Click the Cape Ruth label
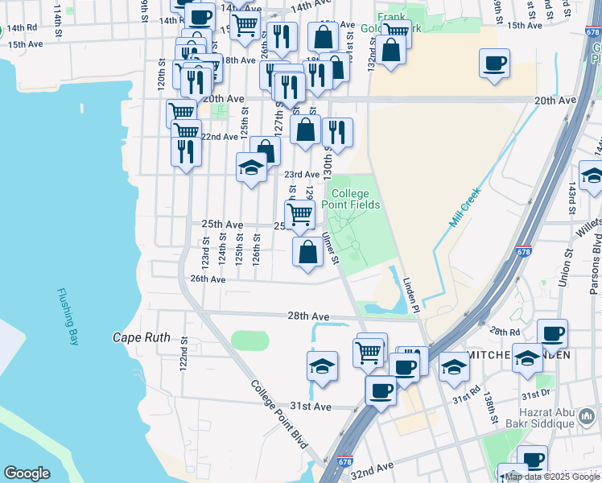coord(141,337)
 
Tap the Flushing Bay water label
coord(68,317)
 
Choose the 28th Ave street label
coord(311,317)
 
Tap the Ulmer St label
coord(331,248)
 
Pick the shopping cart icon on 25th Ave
coord(299,213)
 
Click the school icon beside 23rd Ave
coord(251,168)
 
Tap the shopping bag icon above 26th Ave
coord(307,251)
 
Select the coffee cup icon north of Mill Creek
coord(494,63)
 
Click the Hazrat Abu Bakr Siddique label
coord(553,420)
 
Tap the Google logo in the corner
coord(27,473)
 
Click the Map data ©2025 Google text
coord(552,477)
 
